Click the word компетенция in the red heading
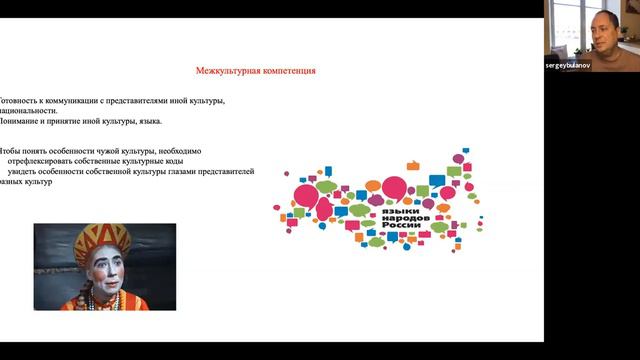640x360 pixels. [286, 71]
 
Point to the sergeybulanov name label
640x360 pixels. [571, 64]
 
